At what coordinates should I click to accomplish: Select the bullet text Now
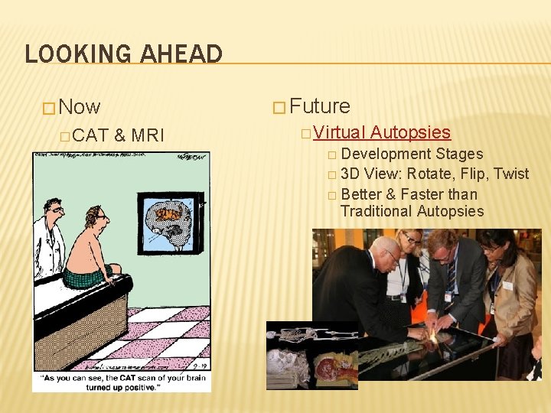[x=79, y=107]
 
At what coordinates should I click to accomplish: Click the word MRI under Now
[x=148, y=136]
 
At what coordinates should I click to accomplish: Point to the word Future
[x=320, y=106]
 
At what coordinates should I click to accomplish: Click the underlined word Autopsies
[x=410, y=133]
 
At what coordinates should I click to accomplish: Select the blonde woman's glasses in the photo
[x=412, y=240]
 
